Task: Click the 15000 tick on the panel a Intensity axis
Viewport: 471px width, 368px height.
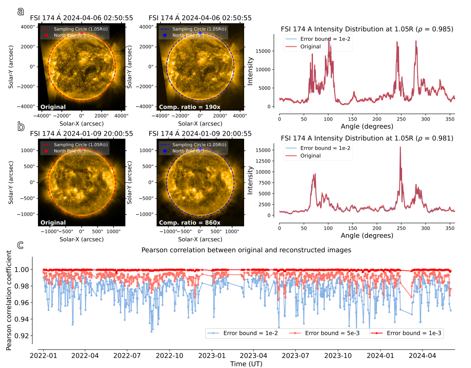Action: point(268,51)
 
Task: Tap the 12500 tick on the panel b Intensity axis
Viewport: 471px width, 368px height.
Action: point(268,161)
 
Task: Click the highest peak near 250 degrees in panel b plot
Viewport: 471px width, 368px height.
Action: point(400,148)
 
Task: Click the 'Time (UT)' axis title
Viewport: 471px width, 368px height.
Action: point(244,363)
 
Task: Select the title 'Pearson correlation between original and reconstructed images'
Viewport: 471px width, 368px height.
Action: point(246,250)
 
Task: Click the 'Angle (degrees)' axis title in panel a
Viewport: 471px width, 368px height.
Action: point(367,126)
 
